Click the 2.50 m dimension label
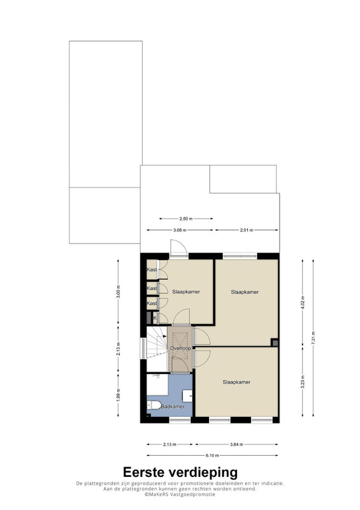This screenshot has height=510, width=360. (186, 219)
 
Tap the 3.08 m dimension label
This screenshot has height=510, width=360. (180, 230)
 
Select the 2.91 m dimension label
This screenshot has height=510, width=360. (247, 230)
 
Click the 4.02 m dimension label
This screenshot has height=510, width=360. (303, 303)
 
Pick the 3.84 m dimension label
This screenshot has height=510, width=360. (236, 444)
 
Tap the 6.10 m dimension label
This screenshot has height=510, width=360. (212, 455)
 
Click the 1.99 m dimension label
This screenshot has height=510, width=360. (118, 395)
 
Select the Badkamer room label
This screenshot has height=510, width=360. (173, 407)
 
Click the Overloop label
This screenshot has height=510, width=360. (180, 348)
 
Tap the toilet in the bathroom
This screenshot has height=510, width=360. (154, 405)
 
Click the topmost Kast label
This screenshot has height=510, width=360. (152, 270)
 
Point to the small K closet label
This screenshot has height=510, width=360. (155, 317)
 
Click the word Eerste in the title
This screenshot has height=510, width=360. (144, 472)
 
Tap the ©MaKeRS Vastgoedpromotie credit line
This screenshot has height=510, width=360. (180, 495)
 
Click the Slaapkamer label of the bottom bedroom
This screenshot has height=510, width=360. (236, 382)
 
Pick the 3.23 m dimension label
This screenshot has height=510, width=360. (303, 382)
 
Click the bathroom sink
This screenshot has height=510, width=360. (188, 396)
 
